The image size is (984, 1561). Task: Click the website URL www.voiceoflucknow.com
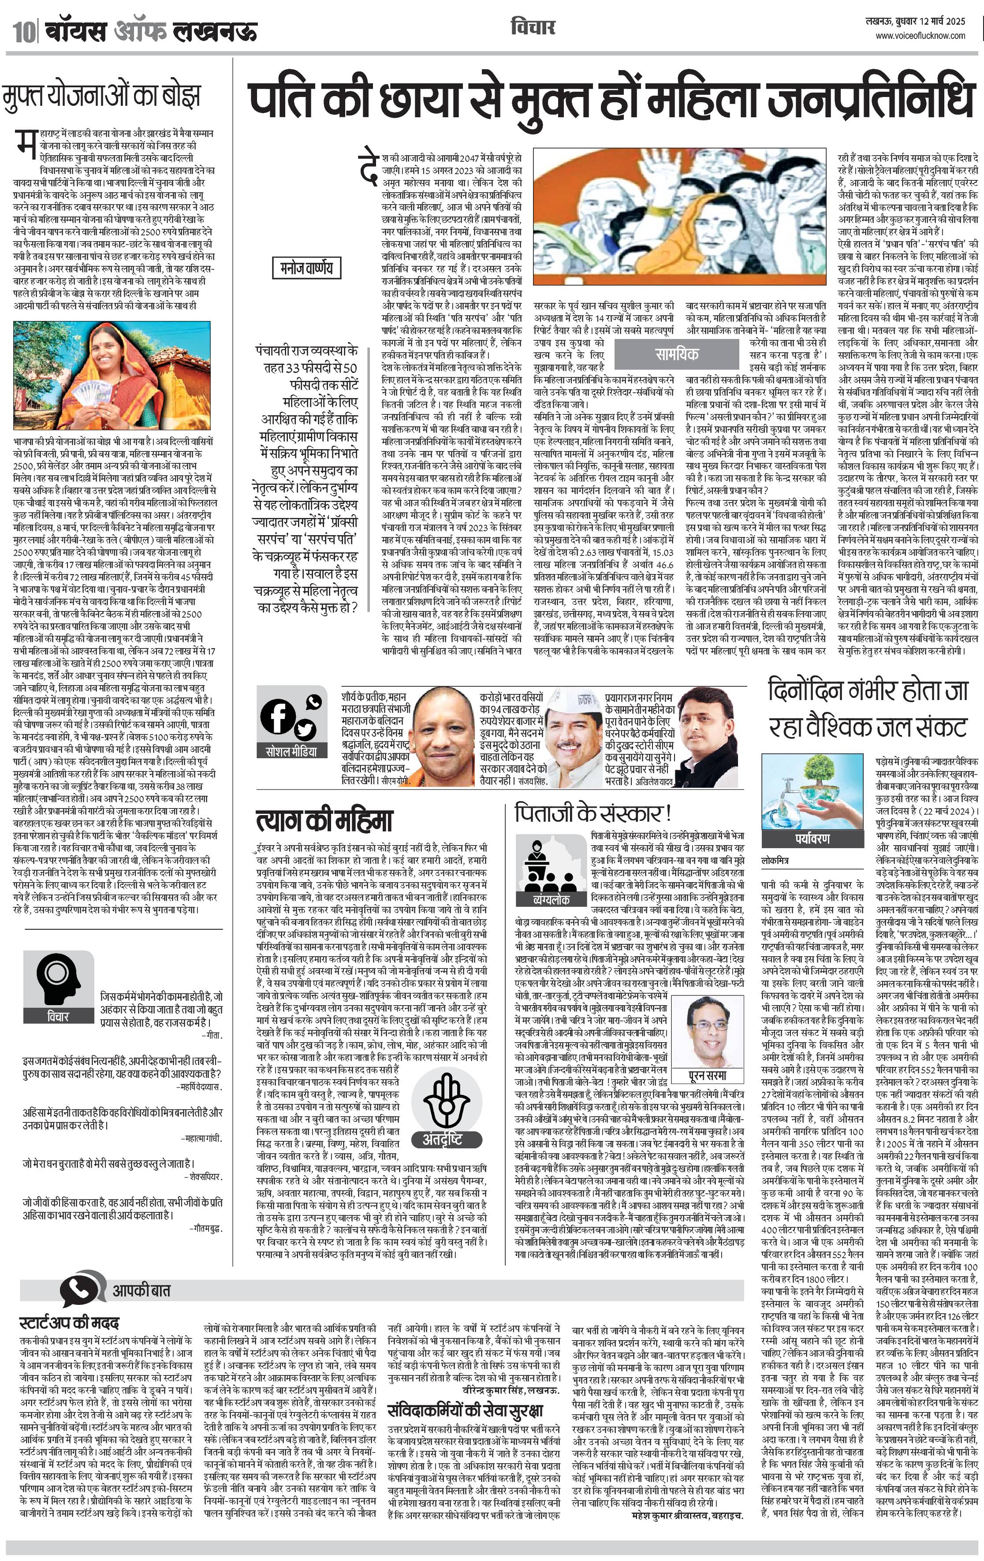pyautogui.click(x=921, y=36)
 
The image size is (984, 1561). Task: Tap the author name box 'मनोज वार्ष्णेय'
pyautogui.click(x=306, y=267)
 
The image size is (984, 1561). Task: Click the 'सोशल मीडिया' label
pyautogui.click(x=292, y=751)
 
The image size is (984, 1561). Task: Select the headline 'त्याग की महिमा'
pyautogui.click(x=324, y=820)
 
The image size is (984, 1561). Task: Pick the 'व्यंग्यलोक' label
pyautogui.click(x=551, y=900)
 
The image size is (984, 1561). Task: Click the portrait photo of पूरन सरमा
pyautogui.click(x=707, y=1032)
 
